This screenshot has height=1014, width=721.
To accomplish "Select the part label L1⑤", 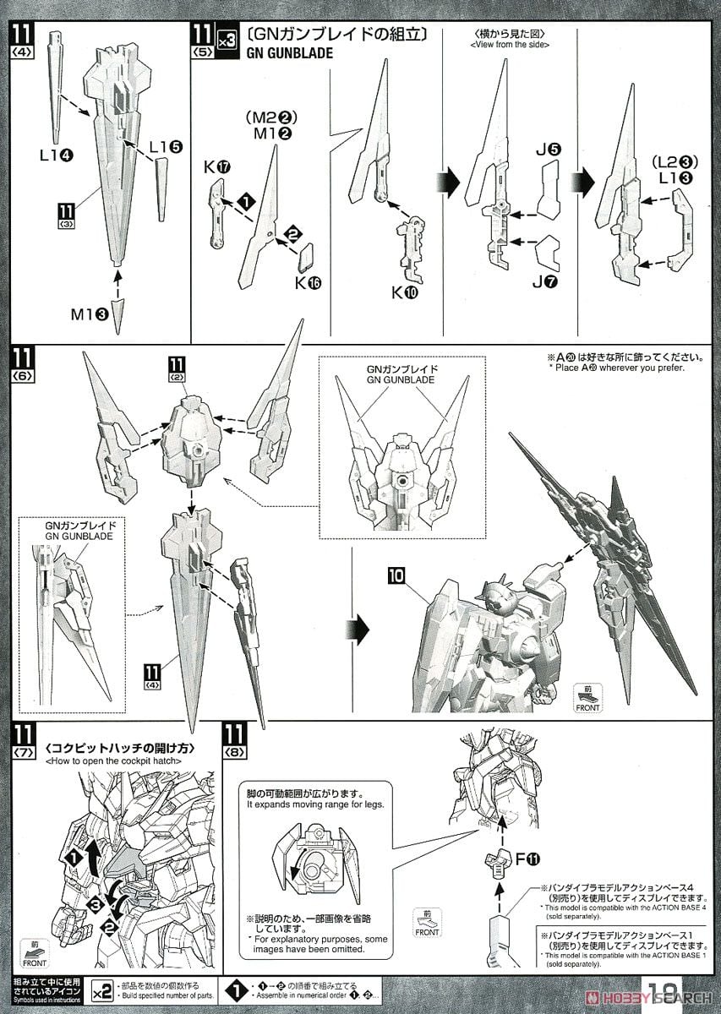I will pos(166,145).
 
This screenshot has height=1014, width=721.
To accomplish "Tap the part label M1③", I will pos(90,314).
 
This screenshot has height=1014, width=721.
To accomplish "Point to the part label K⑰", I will pos(217,166).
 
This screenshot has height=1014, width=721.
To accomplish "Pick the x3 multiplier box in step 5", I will pos(227,39).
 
